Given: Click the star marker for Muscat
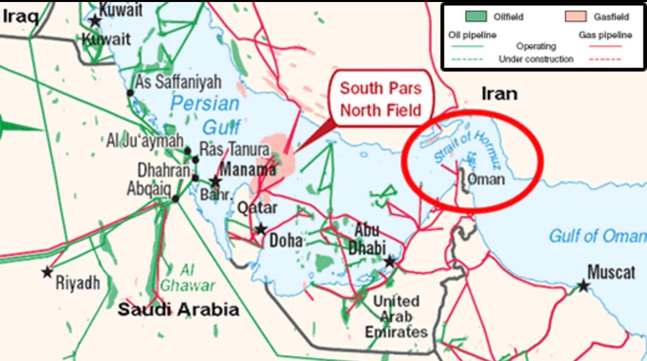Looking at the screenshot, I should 583,286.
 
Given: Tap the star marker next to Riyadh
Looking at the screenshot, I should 47,272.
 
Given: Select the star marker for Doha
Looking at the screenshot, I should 261,229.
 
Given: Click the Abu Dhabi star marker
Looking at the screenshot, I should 390,261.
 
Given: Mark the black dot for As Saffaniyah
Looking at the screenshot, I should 130,92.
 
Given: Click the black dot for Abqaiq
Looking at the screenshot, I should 175,199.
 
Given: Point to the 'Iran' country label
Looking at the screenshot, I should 499,93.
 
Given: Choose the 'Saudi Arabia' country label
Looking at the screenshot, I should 178,309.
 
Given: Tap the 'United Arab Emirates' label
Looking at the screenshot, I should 396,316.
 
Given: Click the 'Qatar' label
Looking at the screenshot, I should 257,207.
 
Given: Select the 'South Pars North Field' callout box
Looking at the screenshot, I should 381,98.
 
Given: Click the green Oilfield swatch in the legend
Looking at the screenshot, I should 475,17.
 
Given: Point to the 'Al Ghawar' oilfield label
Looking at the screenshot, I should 187,278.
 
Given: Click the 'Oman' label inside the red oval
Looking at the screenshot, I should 486,179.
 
